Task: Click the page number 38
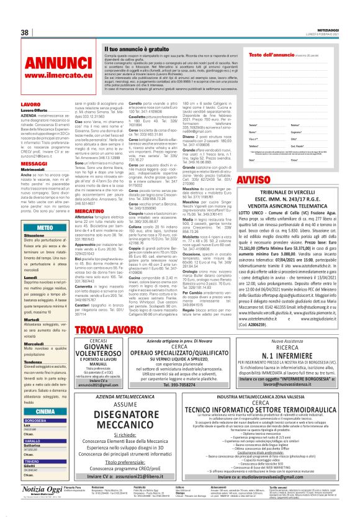click(x=25, y=32)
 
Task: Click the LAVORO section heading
click(x=30, y=104)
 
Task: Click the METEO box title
click(x=45, y=228)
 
